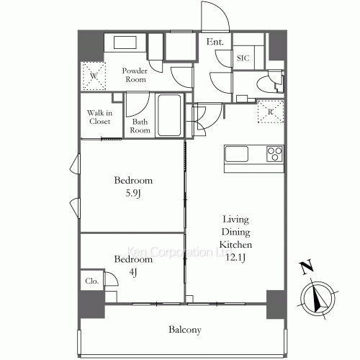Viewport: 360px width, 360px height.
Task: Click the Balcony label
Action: click(185, 330)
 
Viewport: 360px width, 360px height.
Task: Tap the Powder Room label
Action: click(135, 75)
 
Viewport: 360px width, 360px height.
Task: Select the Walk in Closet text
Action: click(99, 117)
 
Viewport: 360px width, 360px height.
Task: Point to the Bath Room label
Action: click(140, 126)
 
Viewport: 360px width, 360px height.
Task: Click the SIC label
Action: click(243, 58)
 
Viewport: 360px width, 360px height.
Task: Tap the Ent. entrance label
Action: click(215, 42)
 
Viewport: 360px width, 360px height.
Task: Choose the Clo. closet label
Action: click(92, 281)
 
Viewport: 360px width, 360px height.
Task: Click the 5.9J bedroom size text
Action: click(133, 193)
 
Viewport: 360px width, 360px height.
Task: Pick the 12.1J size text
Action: click(235, 257)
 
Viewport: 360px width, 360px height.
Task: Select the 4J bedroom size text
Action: click(133, 272)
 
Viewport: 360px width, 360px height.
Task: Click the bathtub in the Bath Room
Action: click(168, 115)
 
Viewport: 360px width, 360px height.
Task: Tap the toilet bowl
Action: click(266, 84)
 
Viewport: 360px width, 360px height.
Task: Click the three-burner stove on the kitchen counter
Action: click(275, 154)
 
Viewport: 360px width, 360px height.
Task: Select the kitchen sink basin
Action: click(236, 154)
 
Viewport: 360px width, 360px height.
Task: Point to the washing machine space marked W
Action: click(94, 76)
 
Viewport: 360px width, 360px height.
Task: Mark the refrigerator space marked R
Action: click(271, 112)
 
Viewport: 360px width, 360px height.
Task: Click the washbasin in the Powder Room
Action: click(125, 42)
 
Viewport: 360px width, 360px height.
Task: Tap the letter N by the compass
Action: click(307, 266)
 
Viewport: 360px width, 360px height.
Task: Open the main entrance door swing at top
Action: click(215, 17)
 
